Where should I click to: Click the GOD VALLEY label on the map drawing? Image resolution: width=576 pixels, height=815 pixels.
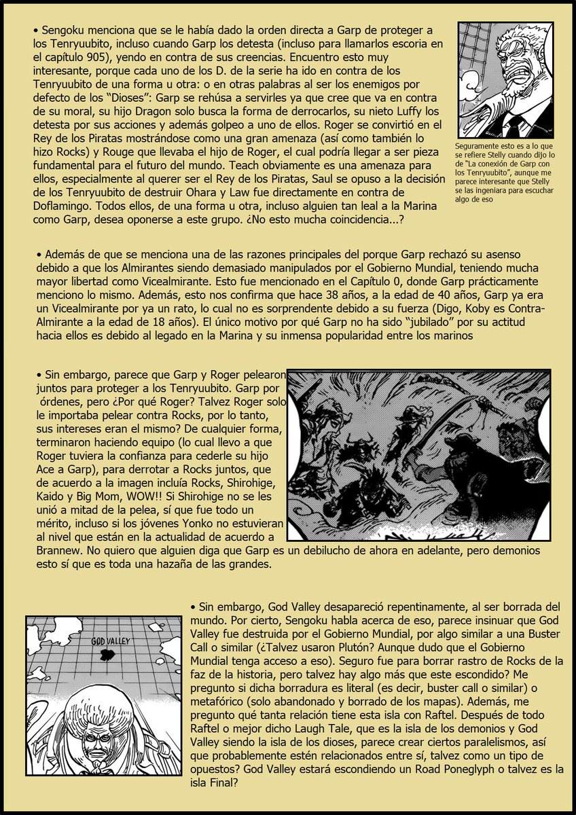pos(110,640)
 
